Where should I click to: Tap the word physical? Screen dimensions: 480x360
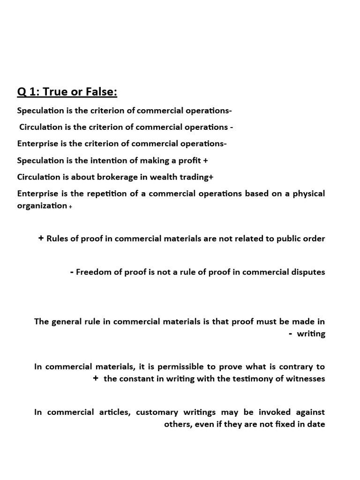(x=308, y=193)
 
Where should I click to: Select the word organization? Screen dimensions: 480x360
(x=42, y=205)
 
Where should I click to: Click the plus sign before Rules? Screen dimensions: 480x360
(x=41, y=238)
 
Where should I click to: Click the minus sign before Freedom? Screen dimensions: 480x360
(x=71, y=272)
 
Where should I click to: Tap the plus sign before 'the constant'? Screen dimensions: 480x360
(x=96, y=378)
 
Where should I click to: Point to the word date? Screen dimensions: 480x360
(x=316, y=424)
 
